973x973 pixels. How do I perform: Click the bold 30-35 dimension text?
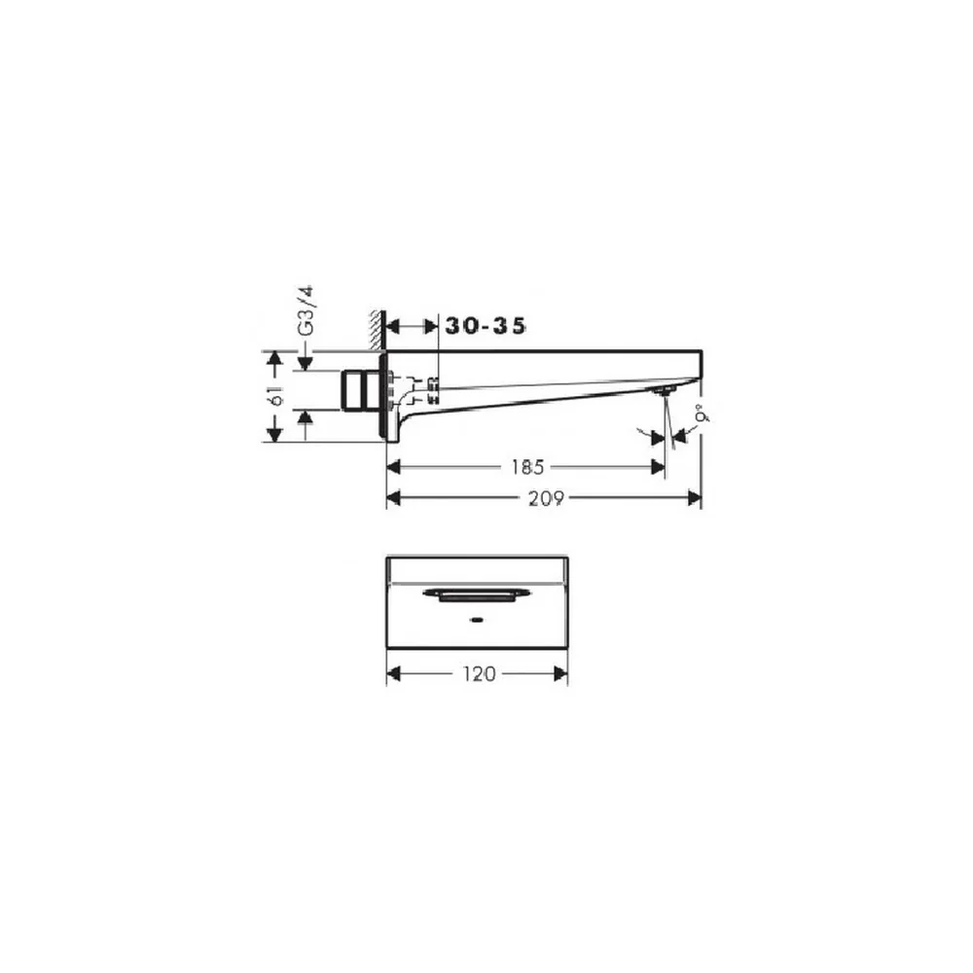(x=486, y=326)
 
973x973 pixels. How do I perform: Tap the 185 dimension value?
(x=527, y=467)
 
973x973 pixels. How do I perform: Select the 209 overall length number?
(x=546, y=498)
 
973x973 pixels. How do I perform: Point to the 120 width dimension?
(x=480, y=674)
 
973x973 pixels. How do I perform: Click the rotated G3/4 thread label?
(x=306, y=311)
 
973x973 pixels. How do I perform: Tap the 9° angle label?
(x=702, y=414)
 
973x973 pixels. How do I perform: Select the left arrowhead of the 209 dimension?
(x=393, y=497)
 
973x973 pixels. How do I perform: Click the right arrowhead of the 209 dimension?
(x=695, y=497)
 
